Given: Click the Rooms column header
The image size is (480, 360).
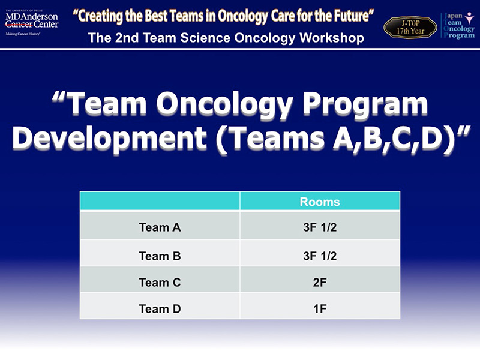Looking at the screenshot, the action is click(320, 202).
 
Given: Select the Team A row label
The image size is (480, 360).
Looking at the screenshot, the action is click(160, 227).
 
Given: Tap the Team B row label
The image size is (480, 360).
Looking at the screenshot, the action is click(160, 256).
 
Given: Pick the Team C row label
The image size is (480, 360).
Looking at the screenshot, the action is click(160, 282).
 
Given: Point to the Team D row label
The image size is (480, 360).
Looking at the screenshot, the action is click(160, 308).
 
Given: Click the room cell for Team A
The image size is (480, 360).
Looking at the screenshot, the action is click(320, 227).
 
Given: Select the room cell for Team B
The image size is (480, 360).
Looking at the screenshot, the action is click(320, 256).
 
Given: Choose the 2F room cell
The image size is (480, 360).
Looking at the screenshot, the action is click(320, 282).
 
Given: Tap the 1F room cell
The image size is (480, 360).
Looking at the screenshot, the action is click(320, 308).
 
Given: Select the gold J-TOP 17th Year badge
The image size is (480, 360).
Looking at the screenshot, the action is click(410, 27).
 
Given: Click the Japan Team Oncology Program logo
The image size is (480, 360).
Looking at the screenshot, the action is click(458, 25).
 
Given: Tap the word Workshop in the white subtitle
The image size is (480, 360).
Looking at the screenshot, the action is click(332, 38).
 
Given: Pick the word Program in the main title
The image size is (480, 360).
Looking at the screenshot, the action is click(365, 103).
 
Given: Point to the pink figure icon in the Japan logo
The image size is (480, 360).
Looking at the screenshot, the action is click(469, 18).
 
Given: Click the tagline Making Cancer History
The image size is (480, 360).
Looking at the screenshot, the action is click(23, 34).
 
